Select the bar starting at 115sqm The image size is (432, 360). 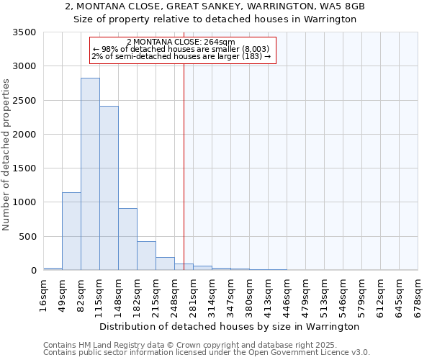pos(109,188)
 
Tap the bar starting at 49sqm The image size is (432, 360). pos(71,231)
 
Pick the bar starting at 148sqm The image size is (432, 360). pos(127,239)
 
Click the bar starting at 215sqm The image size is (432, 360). pos(165,264)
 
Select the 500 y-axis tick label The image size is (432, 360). pos(28,237)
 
